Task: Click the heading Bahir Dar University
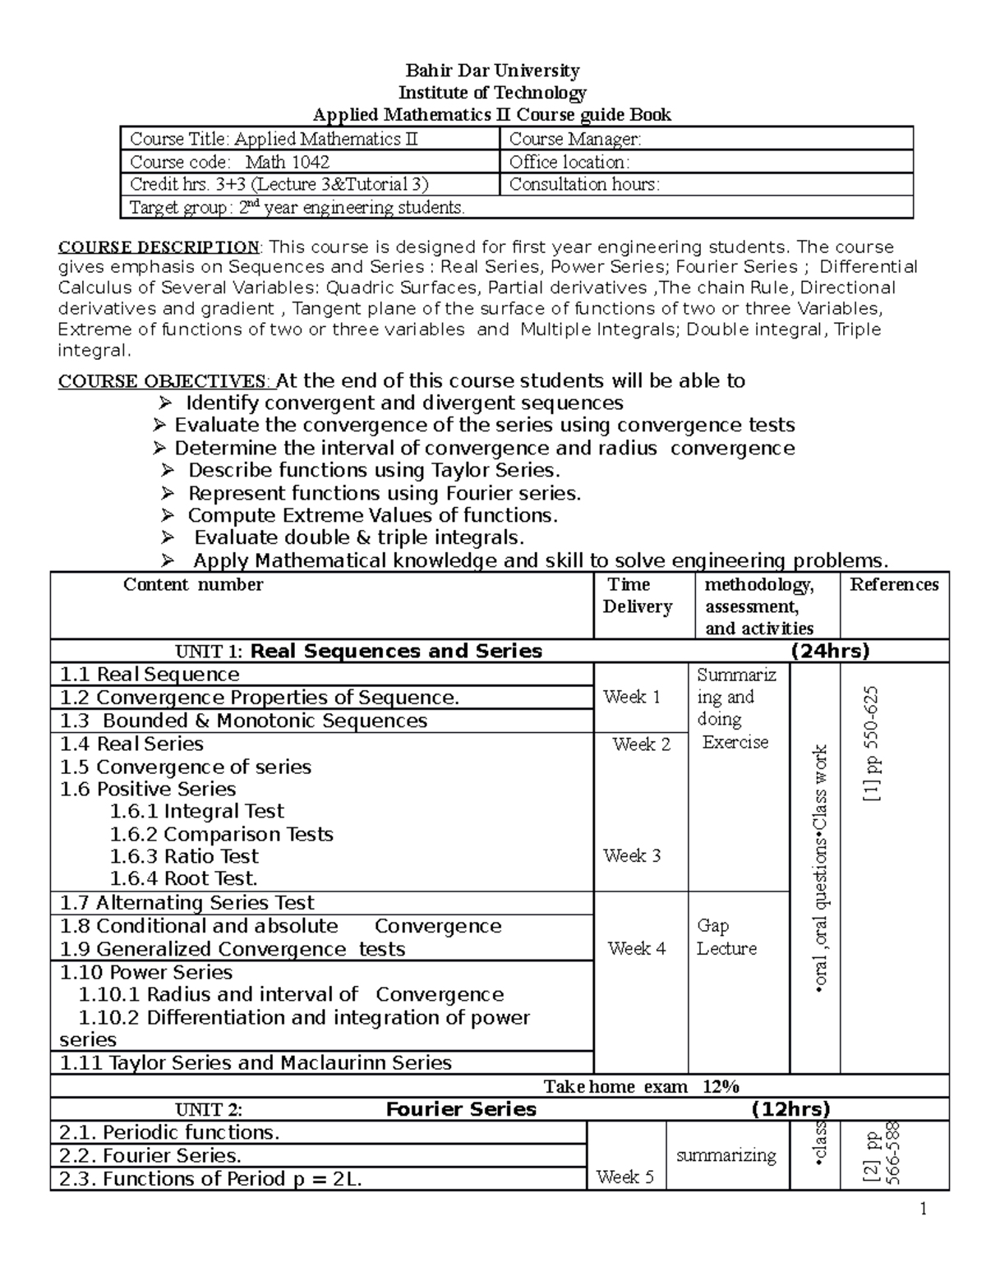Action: pos(492,71)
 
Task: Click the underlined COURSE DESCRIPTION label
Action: pos(158,247)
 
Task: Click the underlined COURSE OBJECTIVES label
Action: pos(162,381)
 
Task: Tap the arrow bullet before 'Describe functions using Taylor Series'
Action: pos(168,471)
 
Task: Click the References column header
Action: pos(893,585)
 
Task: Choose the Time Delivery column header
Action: pos(637,596)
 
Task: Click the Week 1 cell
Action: pos(631,697)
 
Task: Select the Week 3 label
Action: pos(631,855)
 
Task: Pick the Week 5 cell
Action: pos(625,1177)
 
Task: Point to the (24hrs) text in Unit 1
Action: pos(829,652)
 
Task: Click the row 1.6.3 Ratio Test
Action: pos(184,856)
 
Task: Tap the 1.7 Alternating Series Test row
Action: pos(187,903)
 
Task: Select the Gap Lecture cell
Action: pos(726,937)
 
